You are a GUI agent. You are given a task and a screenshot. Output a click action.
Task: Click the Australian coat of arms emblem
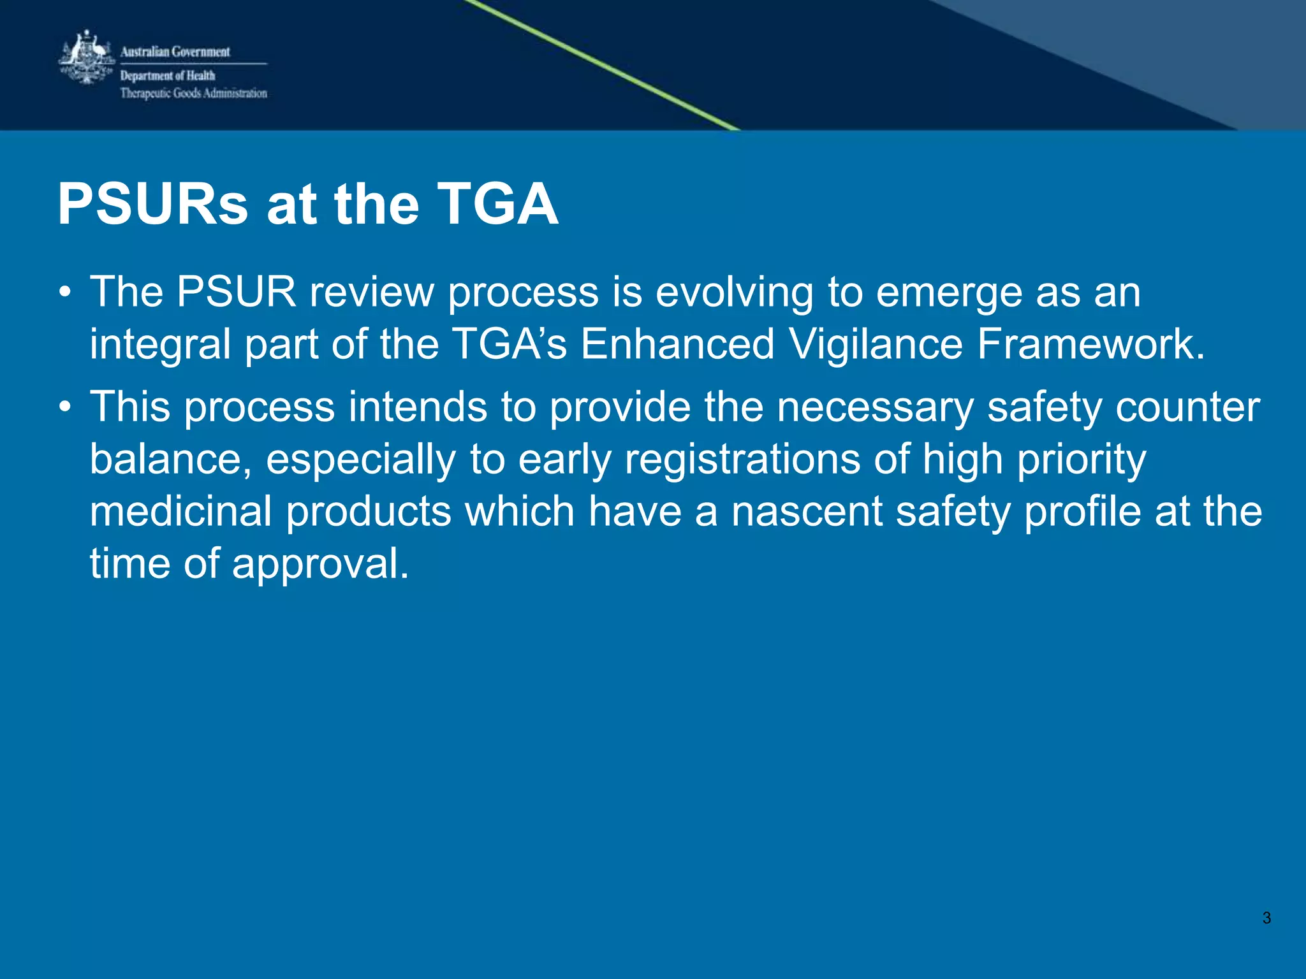click(87, 59)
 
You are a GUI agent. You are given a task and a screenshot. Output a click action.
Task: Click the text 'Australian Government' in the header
click(175, 52)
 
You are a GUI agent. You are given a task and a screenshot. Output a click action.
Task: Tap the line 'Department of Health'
click(168, 76)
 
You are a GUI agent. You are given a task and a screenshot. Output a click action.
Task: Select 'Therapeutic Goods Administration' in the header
click(194, 94)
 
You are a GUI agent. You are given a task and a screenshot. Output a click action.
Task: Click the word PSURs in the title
click(153, 205)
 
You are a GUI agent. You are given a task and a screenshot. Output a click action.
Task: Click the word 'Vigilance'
click(876, 345)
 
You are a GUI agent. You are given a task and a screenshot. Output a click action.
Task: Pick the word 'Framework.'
click(1091, 345)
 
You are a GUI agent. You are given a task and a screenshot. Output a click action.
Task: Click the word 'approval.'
click(320, 564)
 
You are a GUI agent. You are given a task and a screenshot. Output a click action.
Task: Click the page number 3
click(1266, 918)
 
